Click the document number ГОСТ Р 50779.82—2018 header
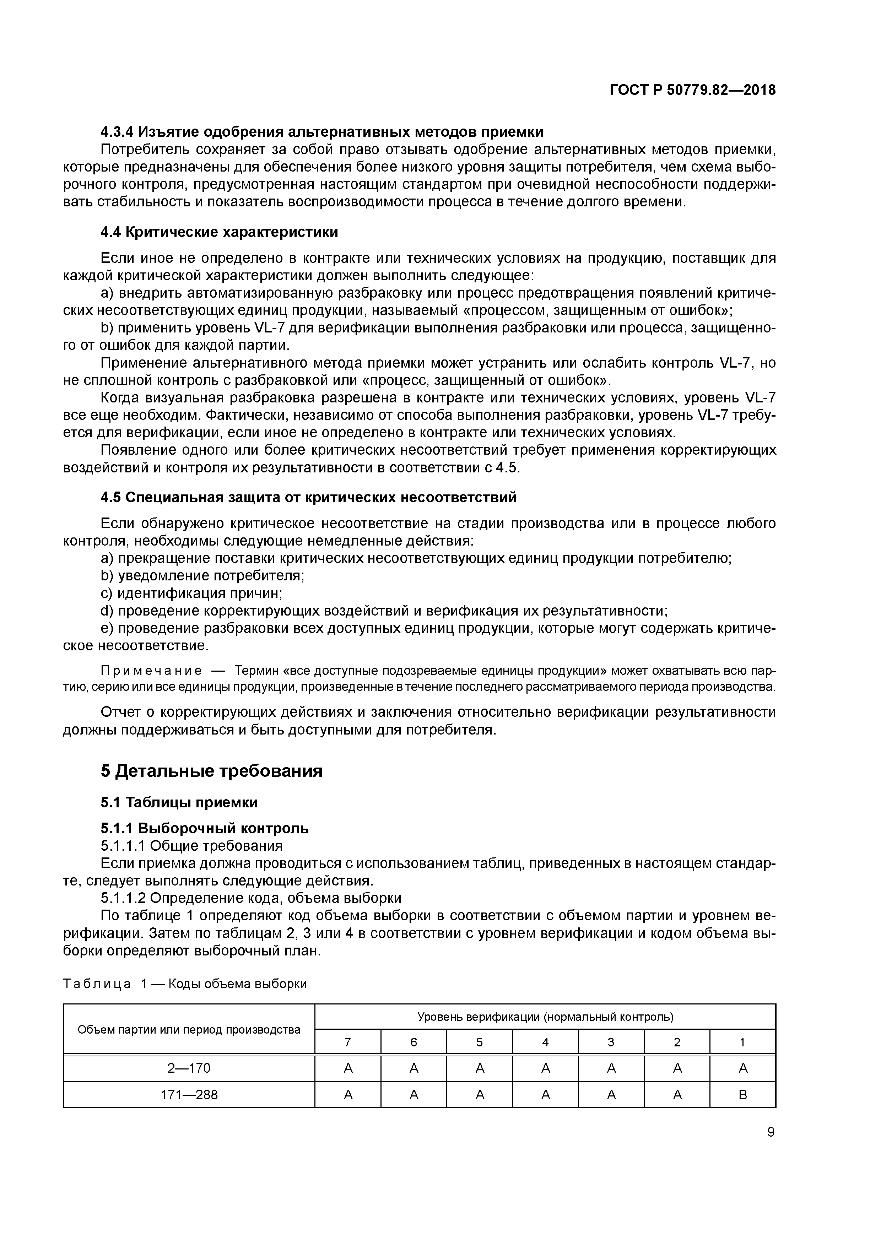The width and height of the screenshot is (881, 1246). click(x=692, y=90)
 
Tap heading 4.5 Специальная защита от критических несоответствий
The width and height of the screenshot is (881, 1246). click(x=308, y=497)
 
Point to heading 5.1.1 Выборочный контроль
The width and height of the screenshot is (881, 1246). click(x=204, y=828)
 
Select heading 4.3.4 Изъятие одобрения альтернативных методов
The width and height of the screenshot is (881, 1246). click(x=321, y=132)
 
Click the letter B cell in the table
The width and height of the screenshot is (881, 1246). click(x=742, y=1095)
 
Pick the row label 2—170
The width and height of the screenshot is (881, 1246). click(x=189, y=1068)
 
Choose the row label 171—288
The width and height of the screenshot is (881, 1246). click(x=189, y=1095)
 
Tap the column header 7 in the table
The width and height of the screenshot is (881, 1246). click(x=348, y=1042)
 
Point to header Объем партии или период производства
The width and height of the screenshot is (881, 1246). click(x=189, y=1029)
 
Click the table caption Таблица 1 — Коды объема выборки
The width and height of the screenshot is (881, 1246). click(x=185, y=984)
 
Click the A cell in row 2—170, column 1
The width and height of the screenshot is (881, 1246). click(x=742, y=1068)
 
